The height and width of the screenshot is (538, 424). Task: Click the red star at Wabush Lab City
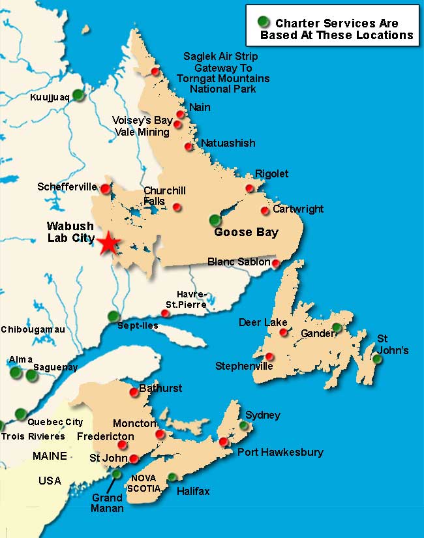click(109, 243)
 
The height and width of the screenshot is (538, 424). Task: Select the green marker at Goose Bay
click(215, 220)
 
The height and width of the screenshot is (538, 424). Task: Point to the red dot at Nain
click(181, 114)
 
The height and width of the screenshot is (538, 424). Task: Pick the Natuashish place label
click(228, 143)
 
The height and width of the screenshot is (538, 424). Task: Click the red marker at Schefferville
click(105, 189)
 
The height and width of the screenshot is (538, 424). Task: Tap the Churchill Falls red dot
click(177, 207)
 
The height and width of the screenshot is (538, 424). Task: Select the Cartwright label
click(298, 209)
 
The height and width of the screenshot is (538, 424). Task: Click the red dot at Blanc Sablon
click(276, 263)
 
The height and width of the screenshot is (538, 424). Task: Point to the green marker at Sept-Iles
click(114, 316)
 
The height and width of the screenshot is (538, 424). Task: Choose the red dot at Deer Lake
click(283, 332)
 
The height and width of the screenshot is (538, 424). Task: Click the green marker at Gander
click(337, 327)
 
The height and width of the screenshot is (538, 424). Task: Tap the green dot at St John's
click(377, 359)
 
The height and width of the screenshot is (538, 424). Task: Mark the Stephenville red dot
click(269, 356)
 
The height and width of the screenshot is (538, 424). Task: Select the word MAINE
click(50, 456)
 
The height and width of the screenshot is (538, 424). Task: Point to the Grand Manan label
click(107, 503)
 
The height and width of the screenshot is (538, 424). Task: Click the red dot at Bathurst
click(134, 392)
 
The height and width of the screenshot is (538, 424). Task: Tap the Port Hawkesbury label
click(280, 452)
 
